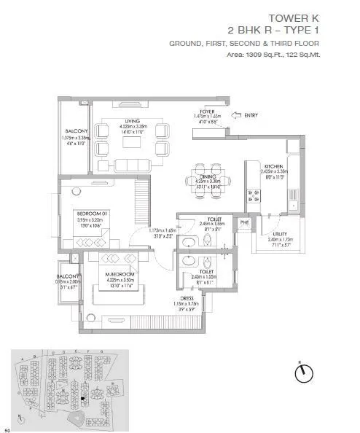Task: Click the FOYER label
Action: pos(211,110)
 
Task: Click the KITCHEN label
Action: pos(274,166)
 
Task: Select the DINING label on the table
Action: pos(208,176)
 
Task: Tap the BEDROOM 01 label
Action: pos(93,212)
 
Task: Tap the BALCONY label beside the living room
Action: pos(76,132)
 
